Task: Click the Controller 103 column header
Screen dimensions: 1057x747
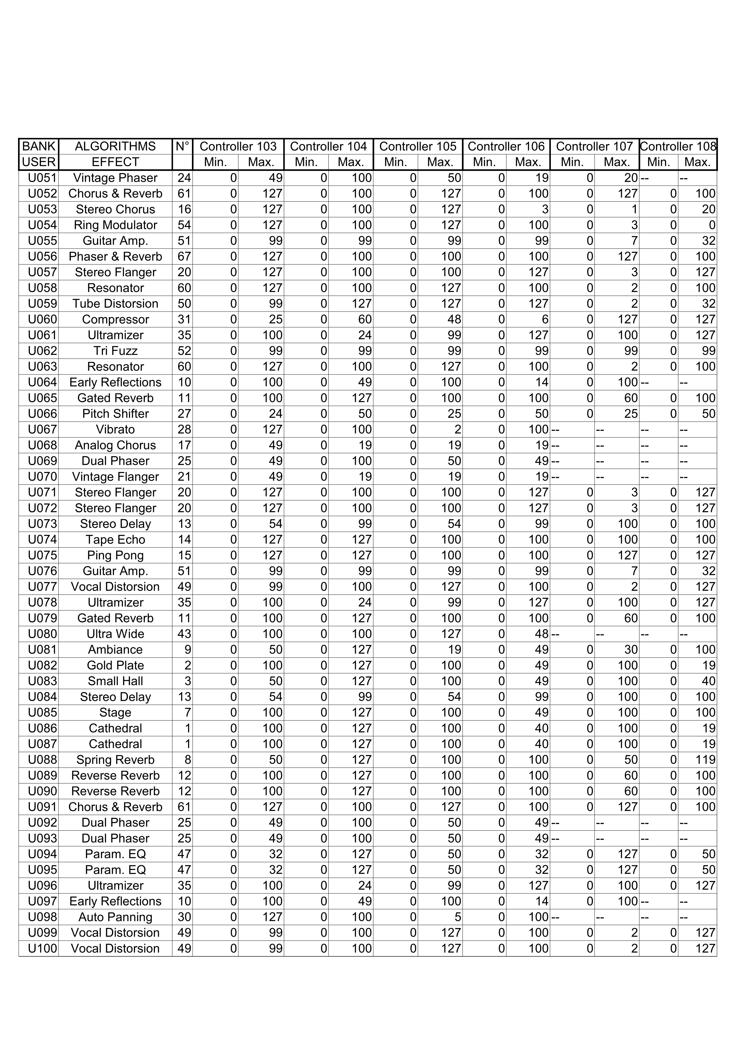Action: [238, 146]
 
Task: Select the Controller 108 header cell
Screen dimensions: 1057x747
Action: [678, 146]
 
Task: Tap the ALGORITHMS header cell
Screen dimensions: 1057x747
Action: [115, 146]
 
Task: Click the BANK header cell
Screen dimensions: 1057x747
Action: [39, 146]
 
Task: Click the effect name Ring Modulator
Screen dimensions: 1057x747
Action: [115, 225]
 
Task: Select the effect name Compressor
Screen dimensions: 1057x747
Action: [115, 319]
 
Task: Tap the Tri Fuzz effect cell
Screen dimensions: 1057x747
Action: [115, 351]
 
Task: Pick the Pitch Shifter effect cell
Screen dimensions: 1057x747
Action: [115, 414]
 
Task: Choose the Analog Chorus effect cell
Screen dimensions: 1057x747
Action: [115, 445]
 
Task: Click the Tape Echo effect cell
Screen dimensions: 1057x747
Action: [115, 540]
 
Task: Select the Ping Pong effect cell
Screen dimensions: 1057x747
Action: [115, 555]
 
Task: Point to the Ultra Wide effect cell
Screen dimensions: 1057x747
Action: [115, 634]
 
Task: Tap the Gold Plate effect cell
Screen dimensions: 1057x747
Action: [115, 665]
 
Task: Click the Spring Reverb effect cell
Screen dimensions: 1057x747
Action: [115, 760]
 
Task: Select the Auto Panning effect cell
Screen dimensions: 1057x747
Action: [115, 917]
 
